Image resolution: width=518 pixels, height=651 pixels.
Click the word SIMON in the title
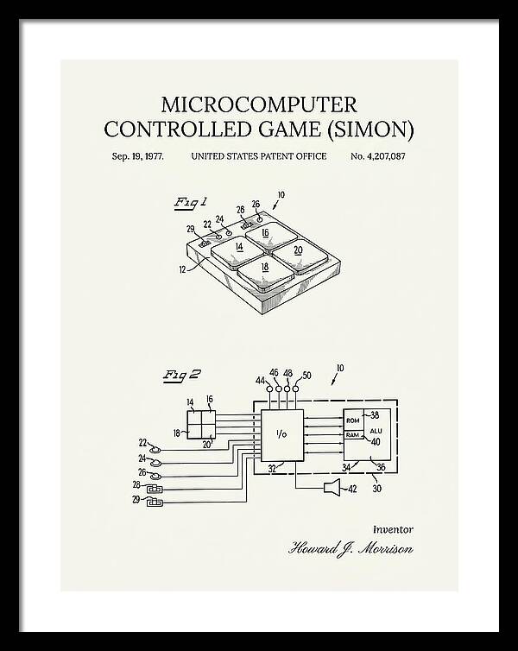(x=370, y=130)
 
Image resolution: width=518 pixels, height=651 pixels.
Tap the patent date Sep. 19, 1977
(x=138, y=156)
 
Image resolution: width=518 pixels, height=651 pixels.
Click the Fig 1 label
(x=190, y=204)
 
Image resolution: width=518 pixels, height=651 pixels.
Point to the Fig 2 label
(x=181, y=376)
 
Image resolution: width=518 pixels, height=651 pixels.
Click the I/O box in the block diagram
(x=282, y=435)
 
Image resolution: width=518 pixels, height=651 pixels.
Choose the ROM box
(x=353, y=420)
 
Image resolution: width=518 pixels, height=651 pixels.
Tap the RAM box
(x=353, y=435)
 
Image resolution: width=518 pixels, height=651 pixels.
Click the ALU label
(x=376, y=431)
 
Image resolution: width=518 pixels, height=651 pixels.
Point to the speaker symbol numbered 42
(x=332, y=487)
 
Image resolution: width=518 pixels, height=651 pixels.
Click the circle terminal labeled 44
(x=269, y=389)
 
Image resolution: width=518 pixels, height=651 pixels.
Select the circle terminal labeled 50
(x=295, y=389)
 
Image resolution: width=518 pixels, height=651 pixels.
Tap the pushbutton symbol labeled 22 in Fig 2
(x=155, y=449)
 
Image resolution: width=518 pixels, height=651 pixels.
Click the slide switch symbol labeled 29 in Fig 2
(x=155, y=502)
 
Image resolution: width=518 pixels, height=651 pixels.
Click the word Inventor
(x=393, y=530)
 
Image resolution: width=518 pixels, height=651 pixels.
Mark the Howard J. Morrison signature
(x=351, y=549)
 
